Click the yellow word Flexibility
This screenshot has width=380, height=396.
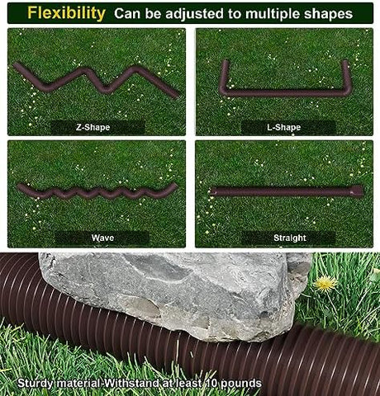(66, 13)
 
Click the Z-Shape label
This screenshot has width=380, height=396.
(93, 127)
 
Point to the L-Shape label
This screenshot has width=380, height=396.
(283, 127)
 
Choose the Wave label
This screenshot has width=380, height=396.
(102, 238)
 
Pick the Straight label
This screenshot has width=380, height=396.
(290, 238)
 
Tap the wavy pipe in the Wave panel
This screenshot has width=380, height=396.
(97, 192)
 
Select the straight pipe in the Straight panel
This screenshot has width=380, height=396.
(287, 191)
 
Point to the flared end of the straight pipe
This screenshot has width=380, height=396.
(357, 191)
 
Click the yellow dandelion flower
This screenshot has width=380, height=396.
(325, 283)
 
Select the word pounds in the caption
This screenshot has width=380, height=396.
(241, 384)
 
